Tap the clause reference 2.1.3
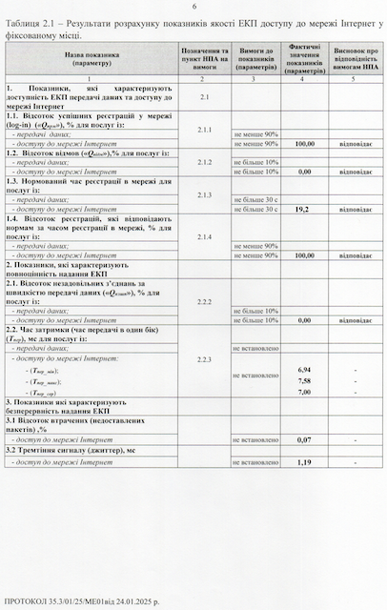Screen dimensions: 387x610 (204, 194)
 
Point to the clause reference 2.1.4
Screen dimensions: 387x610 (204, 235)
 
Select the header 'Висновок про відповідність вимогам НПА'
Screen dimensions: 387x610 (354, 57)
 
